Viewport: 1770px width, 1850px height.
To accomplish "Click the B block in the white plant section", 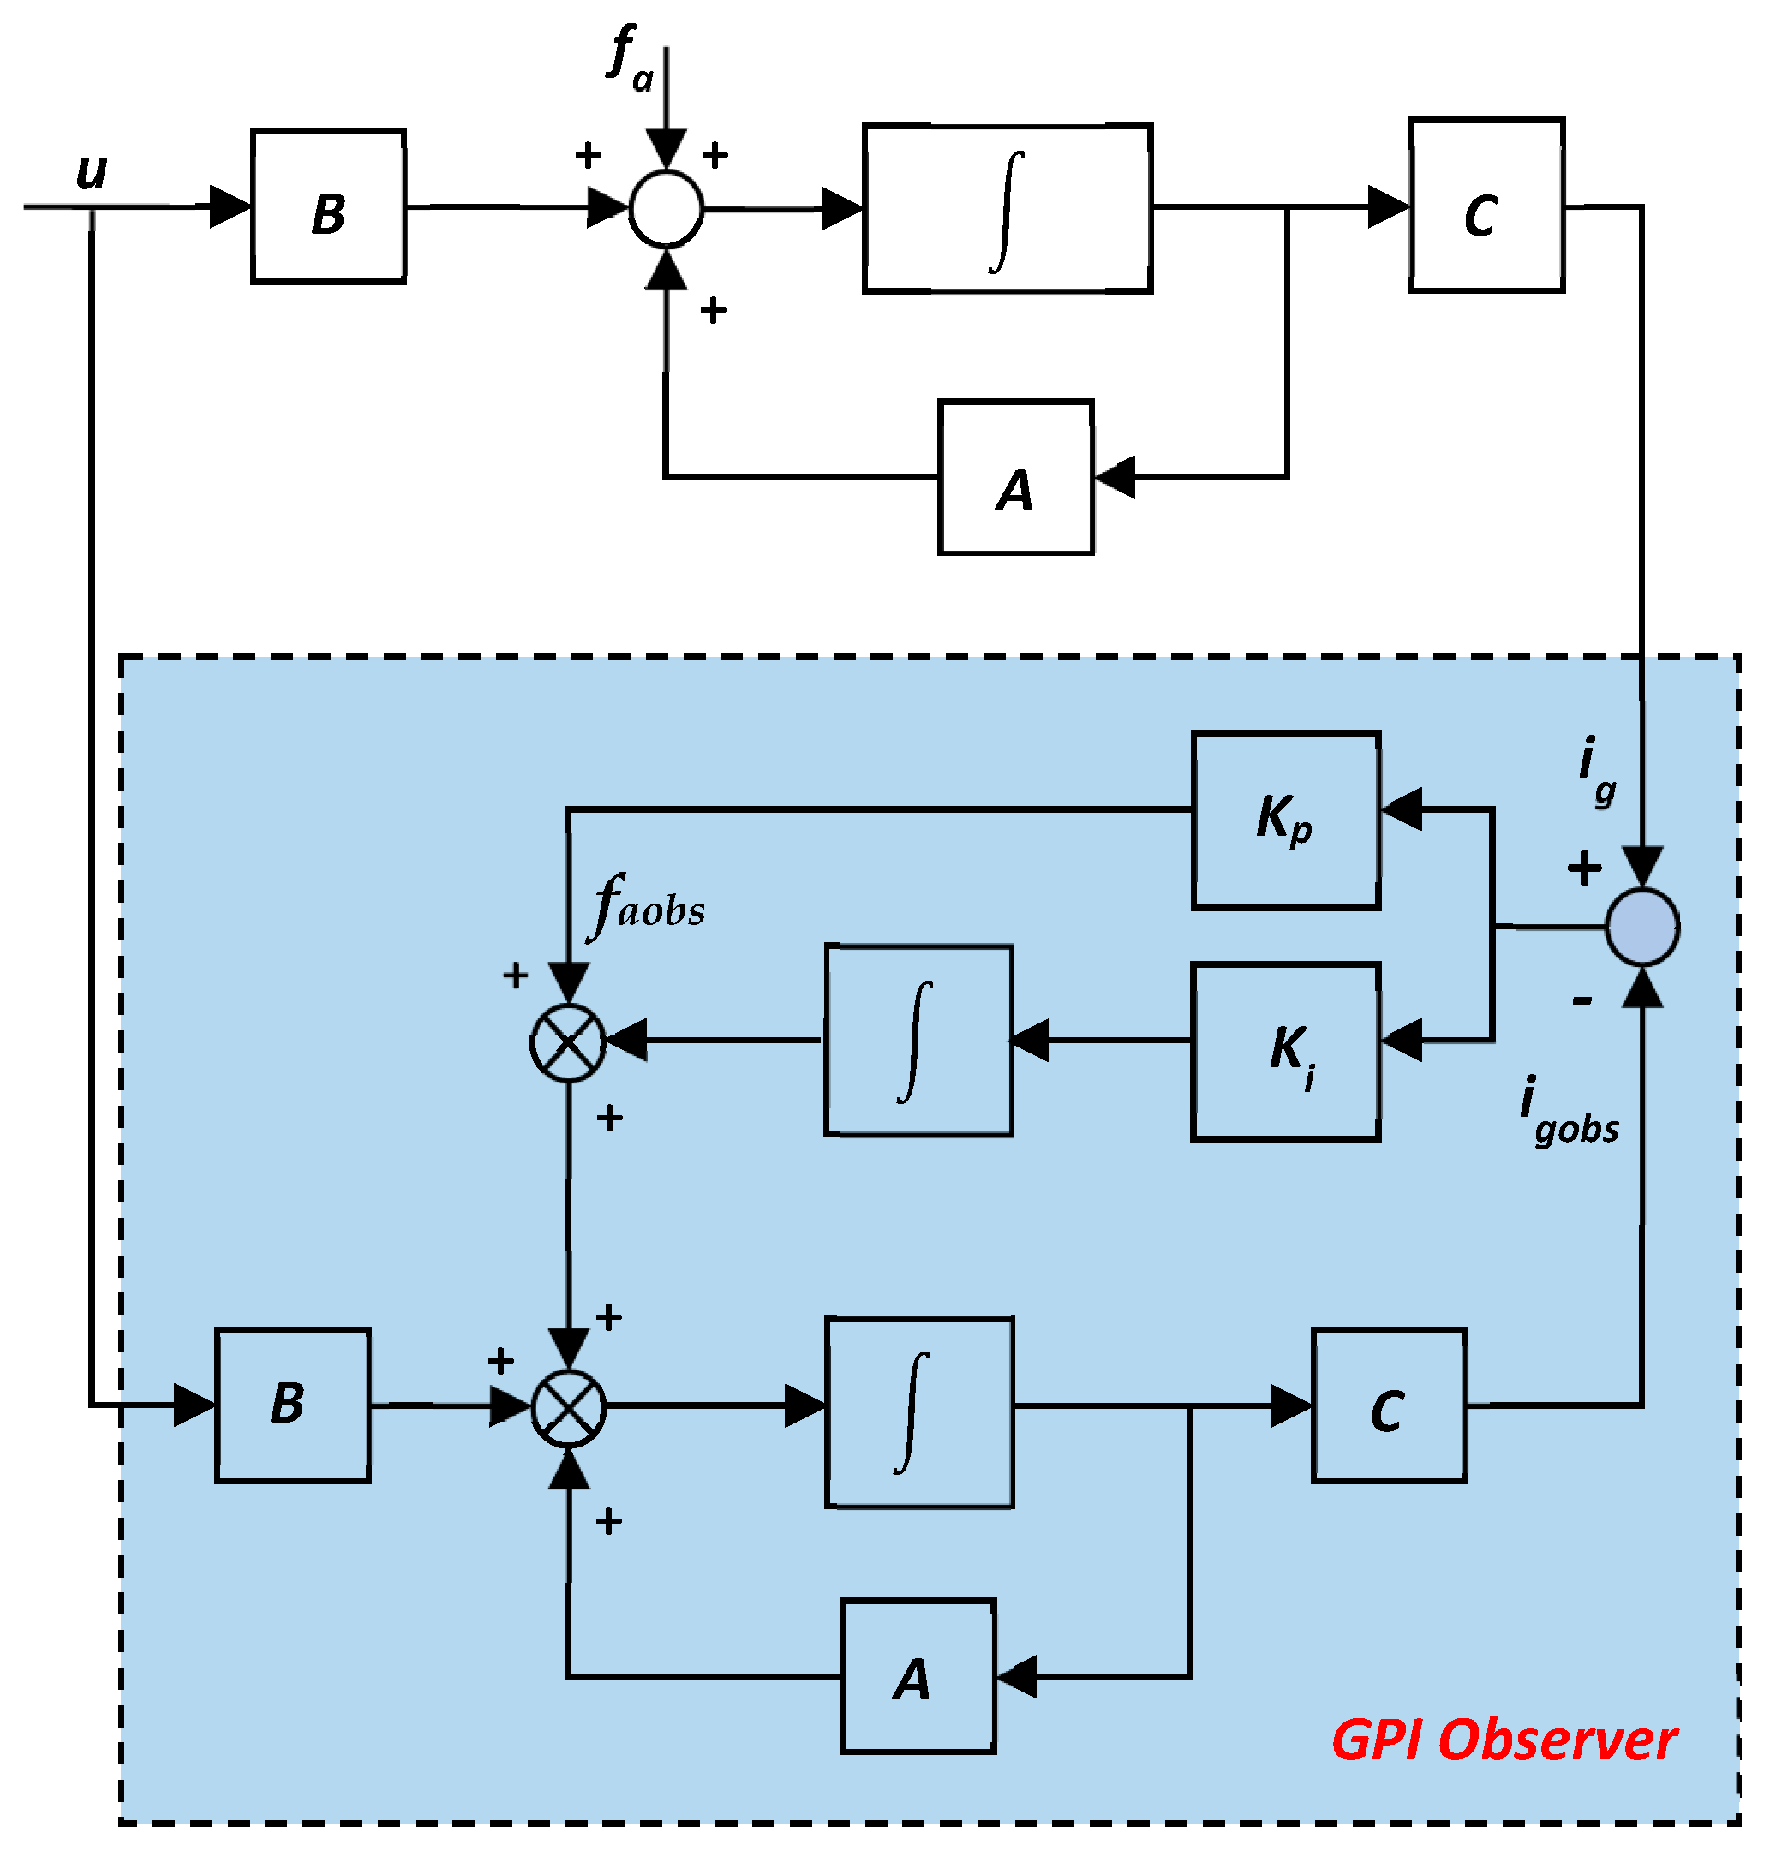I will point(328,206).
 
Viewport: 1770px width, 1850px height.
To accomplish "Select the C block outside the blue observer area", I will point(1486,206).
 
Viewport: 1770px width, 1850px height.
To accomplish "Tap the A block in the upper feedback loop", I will point(1015,477).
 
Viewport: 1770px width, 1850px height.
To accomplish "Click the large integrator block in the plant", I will point(1007,208).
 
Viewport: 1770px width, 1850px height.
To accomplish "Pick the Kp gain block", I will point(1285,820).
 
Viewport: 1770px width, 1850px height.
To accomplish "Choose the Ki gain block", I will point(1285,1052).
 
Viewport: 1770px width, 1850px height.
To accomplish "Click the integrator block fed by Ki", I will point(918,1041).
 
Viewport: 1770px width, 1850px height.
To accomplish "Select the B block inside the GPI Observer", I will point(292,1405).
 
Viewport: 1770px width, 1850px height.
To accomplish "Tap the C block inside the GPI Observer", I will point(1388,1405).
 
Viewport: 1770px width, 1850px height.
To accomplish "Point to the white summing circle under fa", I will point(667,208).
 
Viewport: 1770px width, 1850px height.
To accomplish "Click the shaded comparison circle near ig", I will point(1641,928).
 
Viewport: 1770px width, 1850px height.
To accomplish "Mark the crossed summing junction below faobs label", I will point(568,1042).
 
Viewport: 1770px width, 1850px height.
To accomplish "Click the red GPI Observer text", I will point(1504,1740).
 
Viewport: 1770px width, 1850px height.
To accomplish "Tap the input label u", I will point(92,171).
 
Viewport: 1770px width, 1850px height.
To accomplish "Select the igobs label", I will point(1568,1113).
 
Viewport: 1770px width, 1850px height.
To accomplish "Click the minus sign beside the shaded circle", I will point(1582,1000).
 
